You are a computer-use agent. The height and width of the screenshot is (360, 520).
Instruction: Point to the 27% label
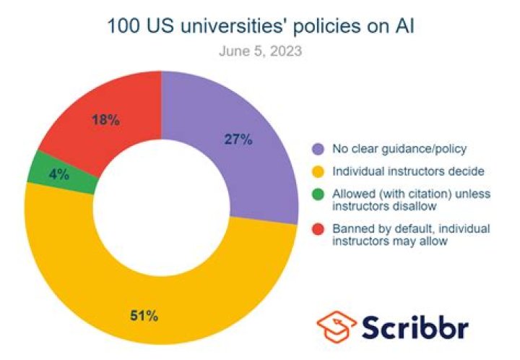point(238,140)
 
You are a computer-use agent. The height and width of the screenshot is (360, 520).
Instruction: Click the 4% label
point(59,173)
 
